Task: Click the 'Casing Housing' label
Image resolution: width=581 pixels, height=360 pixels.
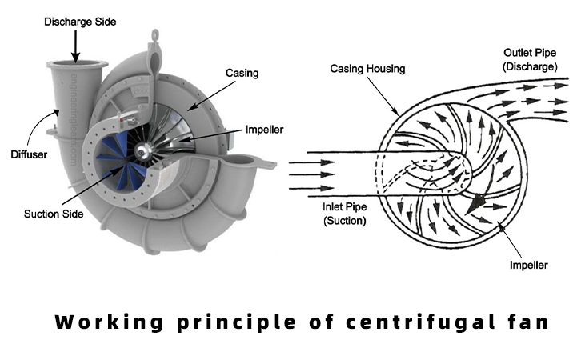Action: pos(367,70)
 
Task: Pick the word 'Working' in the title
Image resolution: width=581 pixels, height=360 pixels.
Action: pos(102,323)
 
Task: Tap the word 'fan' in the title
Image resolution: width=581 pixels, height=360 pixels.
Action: pos(526,323)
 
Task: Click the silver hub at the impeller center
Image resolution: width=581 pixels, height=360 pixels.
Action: pos(146,150)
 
